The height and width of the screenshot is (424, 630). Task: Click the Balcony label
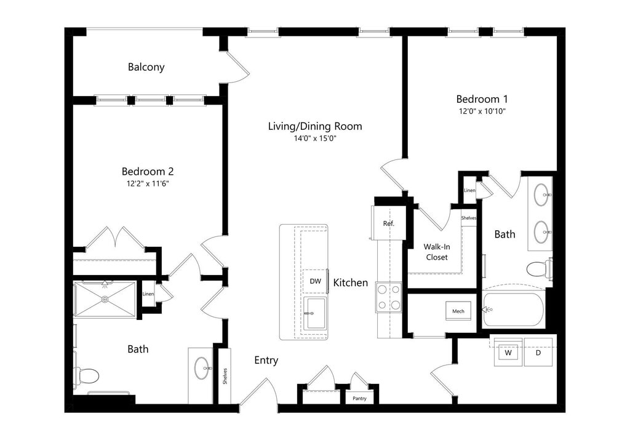(x=146, y=67)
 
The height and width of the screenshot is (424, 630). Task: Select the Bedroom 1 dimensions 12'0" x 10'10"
(x=481, y=111)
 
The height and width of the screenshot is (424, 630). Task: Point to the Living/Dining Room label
(x=314, y=127)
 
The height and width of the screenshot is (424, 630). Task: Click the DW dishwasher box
(x=315, y=281)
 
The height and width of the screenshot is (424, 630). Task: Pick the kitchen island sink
(x=314, y=313)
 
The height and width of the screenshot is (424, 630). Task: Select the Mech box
(x=458, y=311)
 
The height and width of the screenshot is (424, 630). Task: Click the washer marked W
(x=508, y=354)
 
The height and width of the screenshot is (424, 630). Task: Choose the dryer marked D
(x=538, y=354)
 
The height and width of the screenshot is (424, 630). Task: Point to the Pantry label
(x=360, y=399)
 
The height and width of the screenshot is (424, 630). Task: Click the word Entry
(x=266, y=361)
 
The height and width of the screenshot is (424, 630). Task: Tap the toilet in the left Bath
(x=87, y=375)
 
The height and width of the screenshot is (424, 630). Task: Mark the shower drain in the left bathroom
(x=105, y=299)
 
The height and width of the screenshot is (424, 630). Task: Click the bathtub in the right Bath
(x=514, y=310)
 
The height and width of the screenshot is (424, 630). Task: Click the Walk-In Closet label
(x=436, y=252)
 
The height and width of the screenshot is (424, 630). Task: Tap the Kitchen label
(x=351, y=283)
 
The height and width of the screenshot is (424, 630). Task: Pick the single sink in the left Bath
(x=203, y=368)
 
